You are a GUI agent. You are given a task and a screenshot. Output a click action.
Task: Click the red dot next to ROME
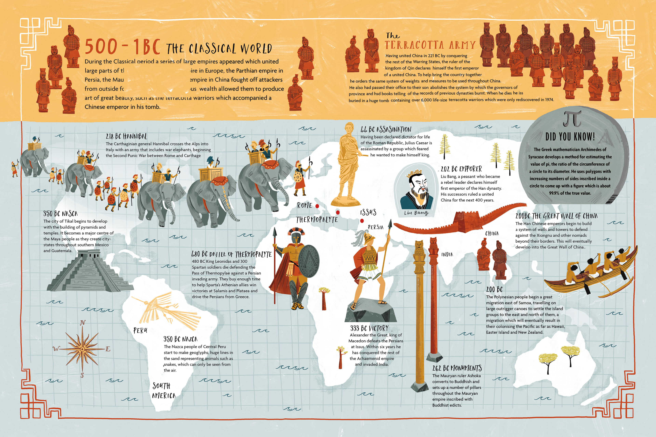pyautogui.click(x=317, y=206)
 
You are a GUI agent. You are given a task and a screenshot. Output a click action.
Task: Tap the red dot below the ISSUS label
pyautogui.click(x=362, y=221)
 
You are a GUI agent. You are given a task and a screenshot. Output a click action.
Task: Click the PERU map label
pyautogui.click(x=140, y=330)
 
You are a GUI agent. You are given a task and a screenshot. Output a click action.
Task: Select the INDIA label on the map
pyautogui.click(x=447, y=255)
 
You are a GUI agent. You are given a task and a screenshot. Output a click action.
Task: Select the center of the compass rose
pyautogui.click(x=82, y=349)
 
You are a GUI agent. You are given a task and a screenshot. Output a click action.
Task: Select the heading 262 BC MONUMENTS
pyautogui.click(x=457, y=368)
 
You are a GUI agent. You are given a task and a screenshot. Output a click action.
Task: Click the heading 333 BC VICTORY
pyautogui.click(x=369, y=328)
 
